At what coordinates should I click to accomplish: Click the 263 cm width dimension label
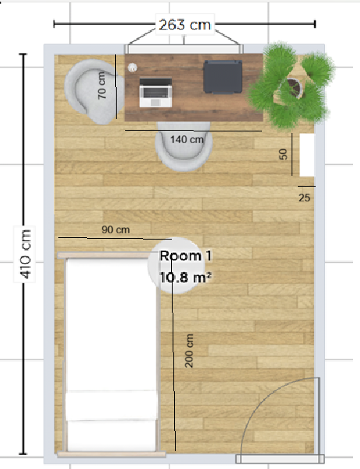(x=184, y=25)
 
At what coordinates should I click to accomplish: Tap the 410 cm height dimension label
(x=25, y=254)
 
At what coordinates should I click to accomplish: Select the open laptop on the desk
(x=156, y=93)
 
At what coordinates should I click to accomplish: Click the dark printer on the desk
(x=223, y=76)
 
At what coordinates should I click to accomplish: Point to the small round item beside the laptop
(x=132, y=68)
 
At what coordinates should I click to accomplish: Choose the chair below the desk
(x=184, y=146)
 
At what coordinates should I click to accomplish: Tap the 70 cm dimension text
(x=102, y=86)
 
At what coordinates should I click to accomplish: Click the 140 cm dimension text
(x=187, y=139)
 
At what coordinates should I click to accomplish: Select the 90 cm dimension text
(x=116, y=229)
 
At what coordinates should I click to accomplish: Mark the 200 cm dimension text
(x=189, y=351)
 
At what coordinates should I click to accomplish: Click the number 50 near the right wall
(x=283, y=154)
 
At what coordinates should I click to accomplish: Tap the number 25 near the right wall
(x=304, y=198)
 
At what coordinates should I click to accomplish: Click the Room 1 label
(x=186, y=256)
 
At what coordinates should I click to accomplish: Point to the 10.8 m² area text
(x=185, y=278)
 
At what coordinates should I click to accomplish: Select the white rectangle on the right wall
(x=307, y=155)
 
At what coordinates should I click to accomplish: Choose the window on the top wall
(x=183, y=49)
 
